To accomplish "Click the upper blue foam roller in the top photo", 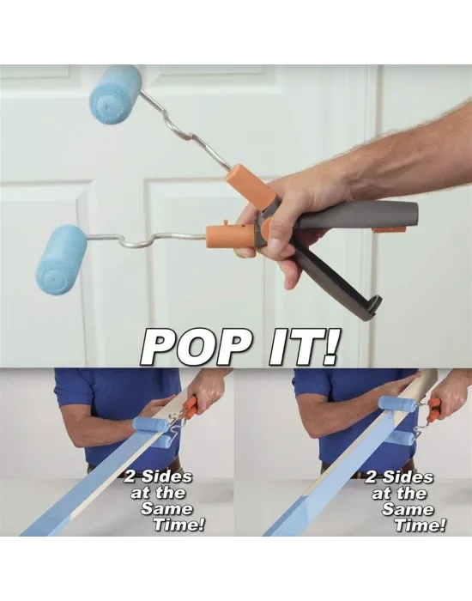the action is pos(116,94).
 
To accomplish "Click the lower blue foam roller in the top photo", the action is pos(61,260).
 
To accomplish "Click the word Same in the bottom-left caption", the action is pos(166,508).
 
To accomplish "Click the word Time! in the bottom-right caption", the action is pos(420,525).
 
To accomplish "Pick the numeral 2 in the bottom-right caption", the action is pos(371,477).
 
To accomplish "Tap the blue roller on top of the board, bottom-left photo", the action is pos(150,424).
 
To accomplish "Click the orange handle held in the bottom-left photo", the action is pos(191,407).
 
